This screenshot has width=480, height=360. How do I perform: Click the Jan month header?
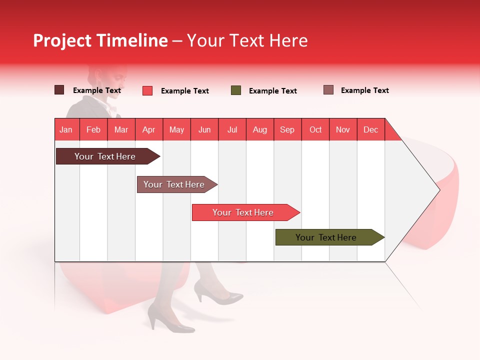(66, 129)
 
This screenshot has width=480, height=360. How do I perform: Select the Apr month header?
(149, 129)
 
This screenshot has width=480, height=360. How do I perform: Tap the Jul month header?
(232, 129)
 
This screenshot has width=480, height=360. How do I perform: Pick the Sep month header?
(287, 129)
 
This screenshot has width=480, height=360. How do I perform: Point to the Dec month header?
(370, 129)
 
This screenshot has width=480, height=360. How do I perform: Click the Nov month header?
(343, 129)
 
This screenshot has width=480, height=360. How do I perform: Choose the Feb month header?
(93, 129)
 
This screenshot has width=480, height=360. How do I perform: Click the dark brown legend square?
(59, 90)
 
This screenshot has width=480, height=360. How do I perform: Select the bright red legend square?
(147, 90)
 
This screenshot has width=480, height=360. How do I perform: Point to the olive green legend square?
(236, 90)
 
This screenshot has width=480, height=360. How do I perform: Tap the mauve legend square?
(328, 90)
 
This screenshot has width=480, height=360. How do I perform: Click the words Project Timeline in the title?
(100, 40)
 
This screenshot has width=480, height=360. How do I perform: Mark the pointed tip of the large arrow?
(438, 189)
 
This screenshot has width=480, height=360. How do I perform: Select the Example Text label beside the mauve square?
(364, 90)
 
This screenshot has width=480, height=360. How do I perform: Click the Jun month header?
(204, 129)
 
